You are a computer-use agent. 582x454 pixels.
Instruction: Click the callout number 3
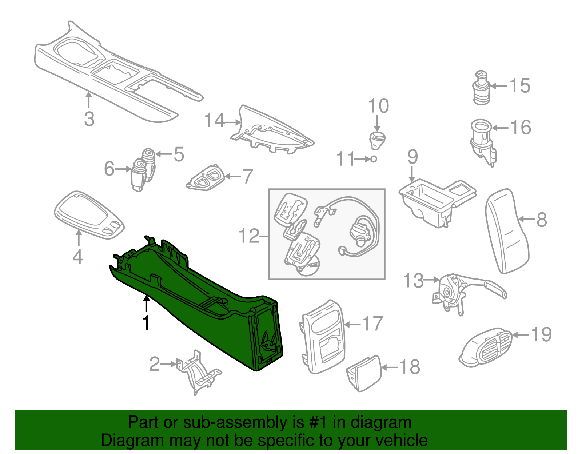89,119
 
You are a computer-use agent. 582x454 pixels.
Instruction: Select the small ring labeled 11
374,159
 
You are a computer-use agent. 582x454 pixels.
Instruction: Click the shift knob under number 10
378,140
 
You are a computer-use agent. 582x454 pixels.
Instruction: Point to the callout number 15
520,86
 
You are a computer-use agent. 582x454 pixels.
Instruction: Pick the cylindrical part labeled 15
482,88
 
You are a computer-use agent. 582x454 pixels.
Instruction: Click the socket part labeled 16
482,140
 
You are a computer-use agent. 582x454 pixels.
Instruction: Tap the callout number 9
412,157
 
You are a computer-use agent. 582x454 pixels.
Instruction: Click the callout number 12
249,236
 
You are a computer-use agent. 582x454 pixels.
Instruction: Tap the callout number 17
373,324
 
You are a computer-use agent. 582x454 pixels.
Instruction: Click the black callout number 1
146,323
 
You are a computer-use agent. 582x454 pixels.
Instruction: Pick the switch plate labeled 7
205,179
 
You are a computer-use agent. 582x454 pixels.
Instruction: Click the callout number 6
109,169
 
